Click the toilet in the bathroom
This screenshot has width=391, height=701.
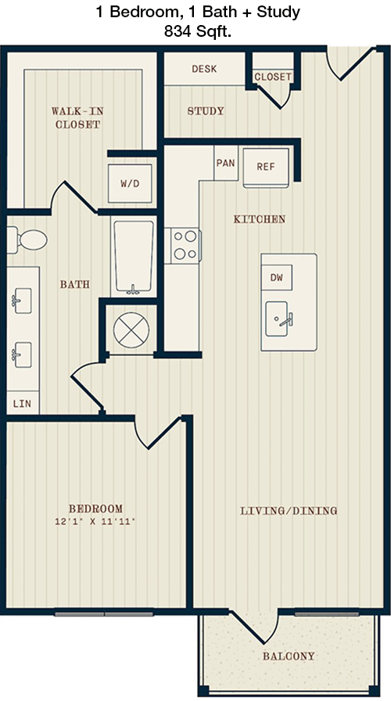(x=27, y=239)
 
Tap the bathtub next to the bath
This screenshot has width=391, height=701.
(x=133, y=257)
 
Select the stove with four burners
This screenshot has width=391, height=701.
(x=183, y=245)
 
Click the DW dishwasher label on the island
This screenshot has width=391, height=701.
(x=277, y=278)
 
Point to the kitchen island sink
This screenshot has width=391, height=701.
(x=278, y=318)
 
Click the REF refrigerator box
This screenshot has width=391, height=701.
(x=266, y=167)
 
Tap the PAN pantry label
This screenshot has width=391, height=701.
(x=226, y=164)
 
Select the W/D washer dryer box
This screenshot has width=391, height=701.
(x=130, y=183)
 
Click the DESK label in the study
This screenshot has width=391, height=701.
(x=204, y=69)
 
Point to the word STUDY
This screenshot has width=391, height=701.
(x=206, y=111)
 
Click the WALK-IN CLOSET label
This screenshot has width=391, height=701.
(x=77, y=117)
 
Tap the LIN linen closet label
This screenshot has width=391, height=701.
(x=22, y=404)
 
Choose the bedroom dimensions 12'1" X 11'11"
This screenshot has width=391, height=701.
(x=95, y=521)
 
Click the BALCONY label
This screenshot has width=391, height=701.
(x=289, y=656)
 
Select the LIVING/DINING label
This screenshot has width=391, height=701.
(x=289, y=511)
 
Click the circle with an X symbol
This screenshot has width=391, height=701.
(x=131, y=330)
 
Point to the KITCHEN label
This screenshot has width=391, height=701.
(x=260, y=219)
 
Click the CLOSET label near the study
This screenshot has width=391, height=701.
(x=273, y=77)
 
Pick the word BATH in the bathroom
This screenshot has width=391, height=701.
(x=75, y=284)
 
